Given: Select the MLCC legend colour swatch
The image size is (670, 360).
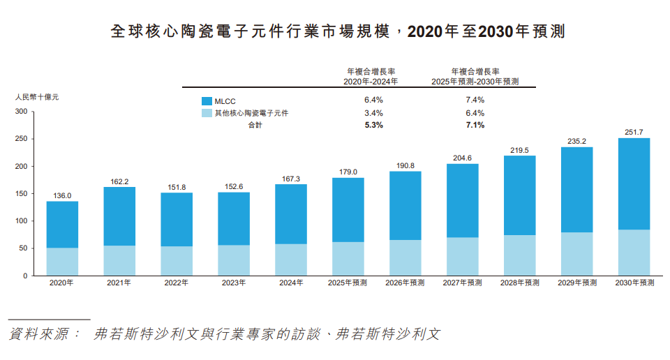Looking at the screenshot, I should click(x=207, y=100).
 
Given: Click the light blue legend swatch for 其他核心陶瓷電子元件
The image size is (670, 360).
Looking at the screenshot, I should click(x=207, y=112).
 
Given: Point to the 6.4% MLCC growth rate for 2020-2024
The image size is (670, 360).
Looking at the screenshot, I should click(x=373, y=100).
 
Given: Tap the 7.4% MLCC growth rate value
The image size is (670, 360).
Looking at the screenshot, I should click(x=475, y=100).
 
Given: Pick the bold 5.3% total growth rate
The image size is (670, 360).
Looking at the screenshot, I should click(x=373, y=125).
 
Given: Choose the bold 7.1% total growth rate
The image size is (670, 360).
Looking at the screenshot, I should click(x=475, y=125).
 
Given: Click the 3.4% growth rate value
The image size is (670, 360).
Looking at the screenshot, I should click(x=373, y=112).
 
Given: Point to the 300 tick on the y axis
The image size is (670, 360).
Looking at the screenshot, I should click(x=20, y=112).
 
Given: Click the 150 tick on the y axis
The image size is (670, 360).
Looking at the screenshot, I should click(x=20, y=194).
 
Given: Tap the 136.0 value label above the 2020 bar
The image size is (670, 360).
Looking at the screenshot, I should click(x=62, y=196).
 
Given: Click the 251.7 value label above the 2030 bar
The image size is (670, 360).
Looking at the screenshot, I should click(x=634, y=133).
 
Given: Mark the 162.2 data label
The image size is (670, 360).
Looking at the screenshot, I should click(x=119, y=181).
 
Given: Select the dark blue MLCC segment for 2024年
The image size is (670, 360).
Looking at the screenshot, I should click(x=291, y=213).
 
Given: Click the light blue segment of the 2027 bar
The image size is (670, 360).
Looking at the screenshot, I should click(x=463, y=257).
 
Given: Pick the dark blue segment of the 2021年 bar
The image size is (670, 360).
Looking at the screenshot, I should click(x=119, y=216).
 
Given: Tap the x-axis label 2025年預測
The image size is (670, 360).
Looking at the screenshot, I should click(x=348, y=283).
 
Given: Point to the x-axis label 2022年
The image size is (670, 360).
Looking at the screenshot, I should click(x=177, y=283).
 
